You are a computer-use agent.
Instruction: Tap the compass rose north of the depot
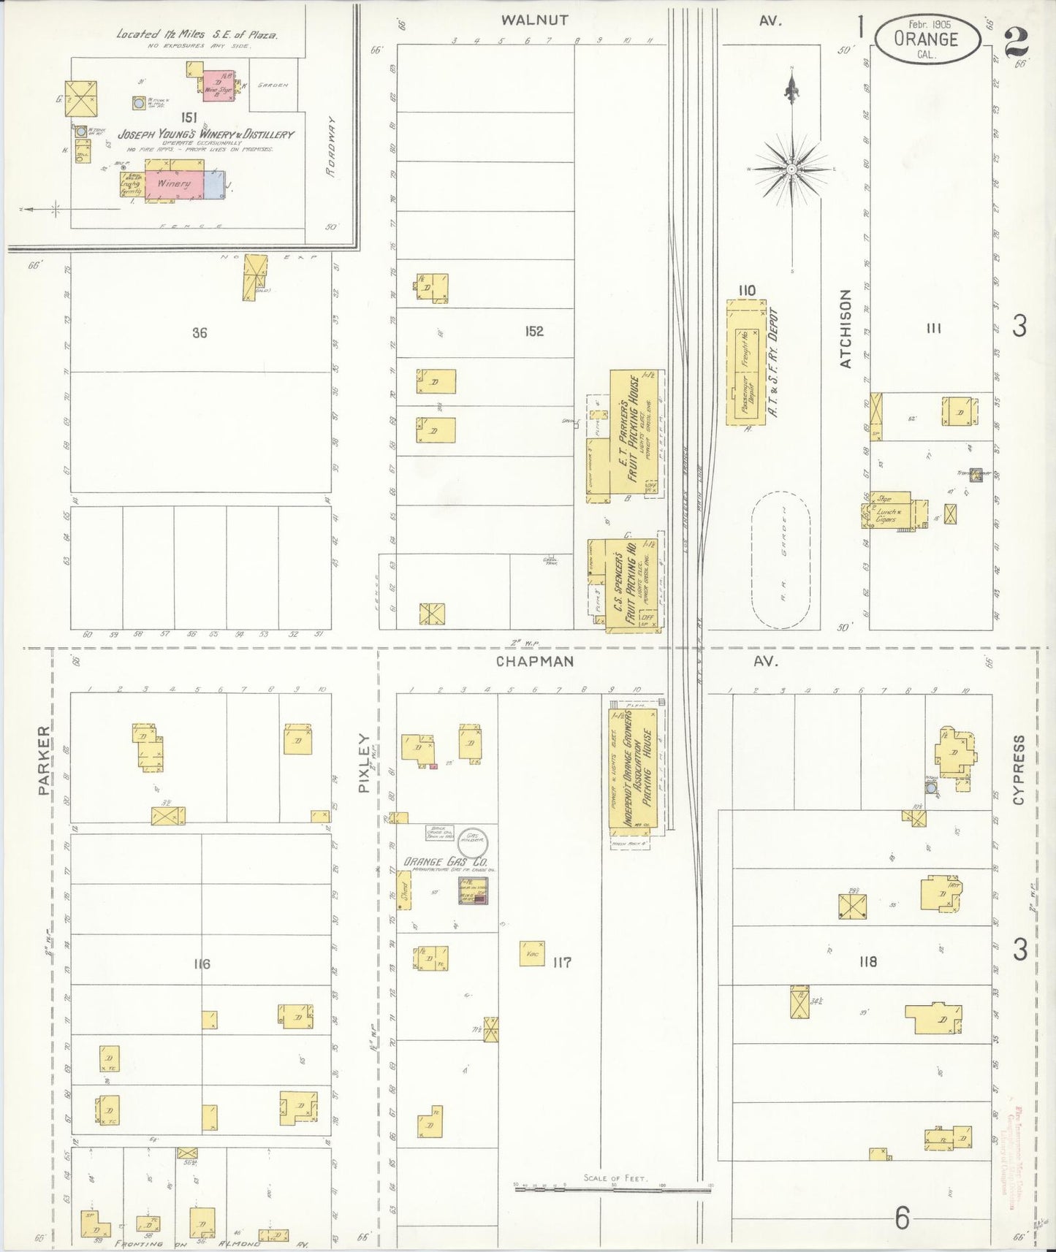click(791, 169)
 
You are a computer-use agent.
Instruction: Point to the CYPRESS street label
click(1019, 769)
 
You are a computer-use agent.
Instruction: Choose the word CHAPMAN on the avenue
click(534, 662)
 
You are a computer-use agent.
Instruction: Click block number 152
click(534, 331)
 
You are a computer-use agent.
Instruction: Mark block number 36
click(200, 332)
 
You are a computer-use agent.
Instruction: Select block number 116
click(202, 963)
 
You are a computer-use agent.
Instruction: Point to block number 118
click(868, 962)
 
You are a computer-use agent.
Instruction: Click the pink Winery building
click(174, 183)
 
